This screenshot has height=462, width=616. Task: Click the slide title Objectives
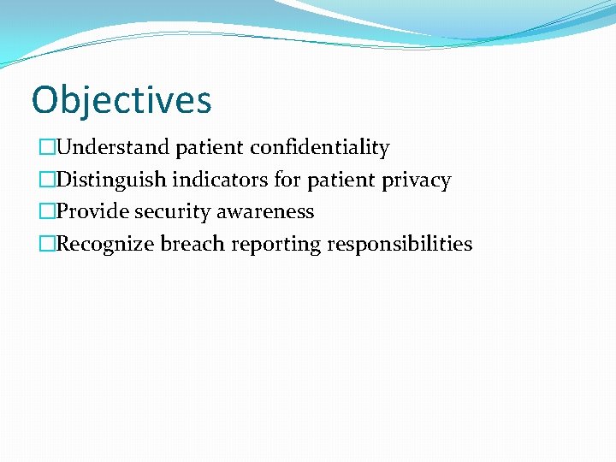(121, 100)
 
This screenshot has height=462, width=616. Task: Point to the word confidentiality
(319, 148)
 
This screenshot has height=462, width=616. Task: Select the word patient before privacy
(341, 180)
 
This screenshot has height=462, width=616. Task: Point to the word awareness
(264, 211)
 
